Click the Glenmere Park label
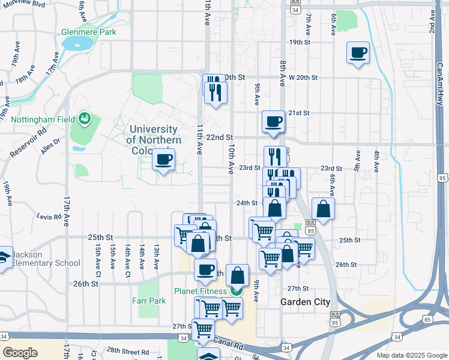(x=88, y=32)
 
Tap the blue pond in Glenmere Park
(x=78, y=43)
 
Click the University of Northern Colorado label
(x=153, y=139)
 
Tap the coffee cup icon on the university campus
(x=163, y=160)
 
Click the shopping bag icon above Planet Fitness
(x=238, y=275)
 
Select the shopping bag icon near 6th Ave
(x=323, y=209)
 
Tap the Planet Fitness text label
(x=200, y=291)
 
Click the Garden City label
(x=305, y=302)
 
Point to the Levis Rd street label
(x=49, y=216)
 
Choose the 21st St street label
(x=298, y=113)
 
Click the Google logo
(x=20, y=353)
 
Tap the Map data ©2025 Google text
(x=411, y=355)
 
